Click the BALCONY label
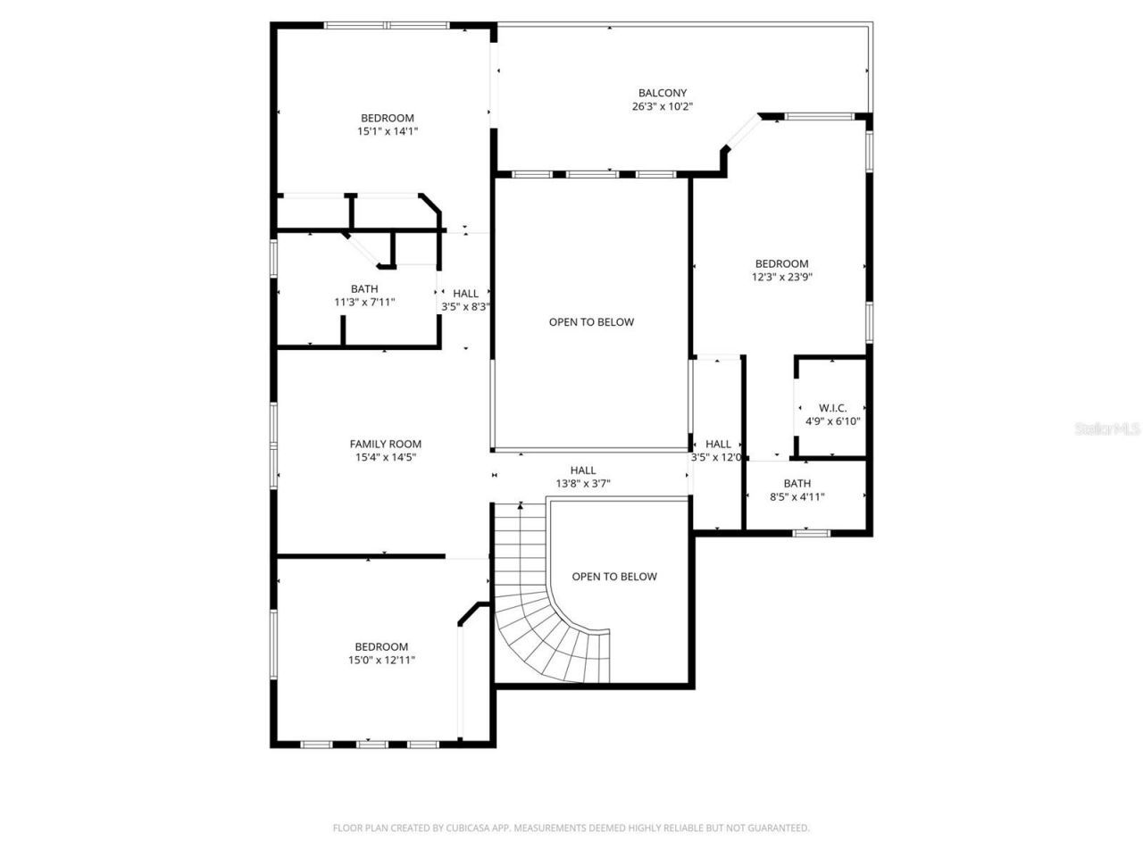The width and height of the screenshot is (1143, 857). tap(662, 93)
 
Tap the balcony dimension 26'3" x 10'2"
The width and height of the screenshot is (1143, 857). tap(662, 106)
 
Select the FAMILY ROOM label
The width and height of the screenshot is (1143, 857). tap(385, 444)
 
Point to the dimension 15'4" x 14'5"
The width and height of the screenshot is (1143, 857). tap(385, 457)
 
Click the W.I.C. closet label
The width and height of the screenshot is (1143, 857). tap(832, 408)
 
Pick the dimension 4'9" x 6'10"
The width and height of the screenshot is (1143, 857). tap(832, 421)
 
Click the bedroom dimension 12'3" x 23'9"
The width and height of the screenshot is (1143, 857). tap(781, 277)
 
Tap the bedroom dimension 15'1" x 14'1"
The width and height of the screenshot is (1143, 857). tap(388, 131)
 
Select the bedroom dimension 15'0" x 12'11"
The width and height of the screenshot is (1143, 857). tap(381, 661)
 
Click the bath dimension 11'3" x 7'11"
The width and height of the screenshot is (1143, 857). tap(364, 303)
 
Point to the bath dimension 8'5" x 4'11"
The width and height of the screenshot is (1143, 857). tap(797, 497)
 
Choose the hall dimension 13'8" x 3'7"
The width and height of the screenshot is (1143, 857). tap(583, 484)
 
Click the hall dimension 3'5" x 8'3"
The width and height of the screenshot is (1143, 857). tap(465, 306)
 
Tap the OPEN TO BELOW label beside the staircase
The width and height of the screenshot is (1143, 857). tap(614, 577)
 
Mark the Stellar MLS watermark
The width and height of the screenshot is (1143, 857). tap(1107, 429)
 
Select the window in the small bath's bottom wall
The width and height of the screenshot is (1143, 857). tap(811, 533)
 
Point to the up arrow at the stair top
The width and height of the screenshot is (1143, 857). tap(521, 506)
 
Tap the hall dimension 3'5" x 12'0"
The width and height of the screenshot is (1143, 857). tap(717, 457)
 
